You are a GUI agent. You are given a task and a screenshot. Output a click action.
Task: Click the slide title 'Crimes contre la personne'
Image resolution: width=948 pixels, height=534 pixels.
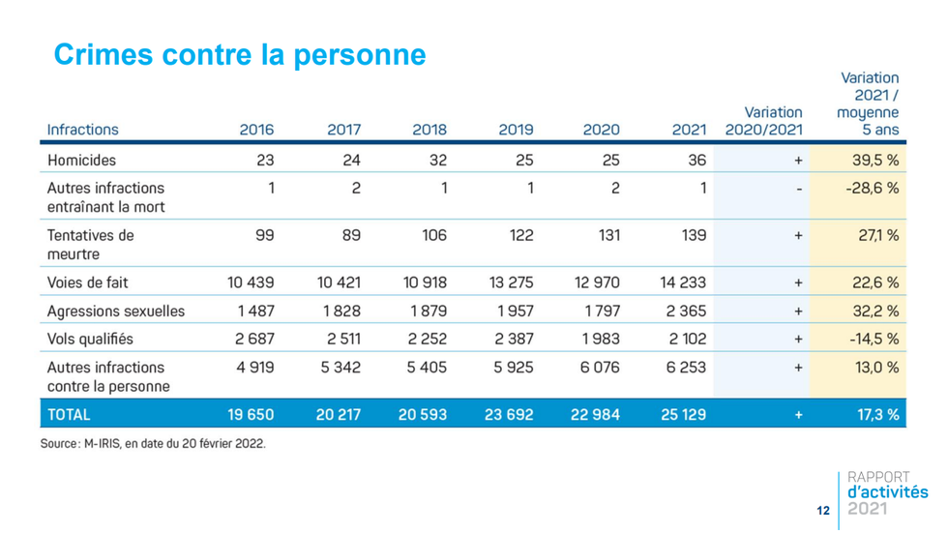tap(239, 54)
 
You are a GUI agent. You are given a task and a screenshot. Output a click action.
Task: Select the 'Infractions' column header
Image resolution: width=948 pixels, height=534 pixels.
tap(83, 130)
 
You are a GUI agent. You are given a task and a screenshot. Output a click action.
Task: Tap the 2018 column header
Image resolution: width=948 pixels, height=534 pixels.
tap(430, 130)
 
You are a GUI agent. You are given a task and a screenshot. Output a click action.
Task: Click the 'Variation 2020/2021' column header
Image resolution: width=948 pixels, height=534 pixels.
tap(763, 121)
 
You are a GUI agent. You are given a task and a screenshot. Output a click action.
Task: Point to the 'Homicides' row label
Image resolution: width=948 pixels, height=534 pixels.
tap(81, 161)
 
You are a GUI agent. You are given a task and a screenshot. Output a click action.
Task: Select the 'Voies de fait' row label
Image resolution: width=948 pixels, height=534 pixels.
tap(88, 282)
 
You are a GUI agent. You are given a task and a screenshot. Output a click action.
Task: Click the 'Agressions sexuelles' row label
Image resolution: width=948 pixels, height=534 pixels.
tap(116, 311)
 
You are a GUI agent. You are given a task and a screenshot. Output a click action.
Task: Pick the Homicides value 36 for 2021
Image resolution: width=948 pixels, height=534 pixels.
tap(696, 161)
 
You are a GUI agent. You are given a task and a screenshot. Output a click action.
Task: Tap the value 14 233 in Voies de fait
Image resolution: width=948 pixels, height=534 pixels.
tap(682, 282)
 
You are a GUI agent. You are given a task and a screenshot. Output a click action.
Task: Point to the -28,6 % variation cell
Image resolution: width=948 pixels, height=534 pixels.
tap(872, 188)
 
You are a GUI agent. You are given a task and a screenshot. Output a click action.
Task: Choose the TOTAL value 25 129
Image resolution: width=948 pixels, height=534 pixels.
tap(682, 414)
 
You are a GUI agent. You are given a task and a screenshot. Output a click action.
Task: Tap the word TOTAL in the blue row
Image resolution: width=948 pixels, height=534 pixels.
tap(69, 414)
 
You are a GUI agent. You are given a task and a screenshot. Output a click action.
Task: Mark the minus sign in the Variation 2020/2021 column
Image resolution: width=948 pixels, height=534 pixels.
tap(798, 189)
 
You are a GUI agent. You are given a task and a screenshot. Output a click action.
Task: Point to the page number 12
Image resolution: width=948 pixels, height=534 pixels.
tap(823, 510)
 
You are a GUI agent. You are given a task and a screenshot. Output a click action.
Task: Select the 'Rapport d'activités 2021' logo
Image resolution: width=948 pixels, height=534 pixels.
tap(885, 492)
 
